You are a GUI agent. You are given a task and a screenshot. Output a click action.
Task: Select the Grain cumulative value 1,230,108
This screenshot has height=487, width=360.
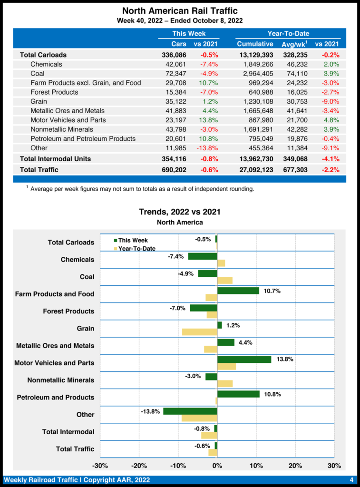point(255,101)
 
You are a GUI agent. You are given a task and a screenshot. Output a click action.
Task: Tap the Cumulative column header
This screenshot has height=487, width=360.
point(255,44)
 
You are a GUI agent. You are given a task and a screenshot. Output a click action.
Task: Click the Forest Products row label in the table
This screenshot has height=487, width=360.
point(54,92)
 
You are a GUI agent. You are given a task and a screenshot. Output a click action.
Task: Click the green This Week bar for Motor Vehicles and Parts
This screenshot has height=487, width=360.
point(244,360)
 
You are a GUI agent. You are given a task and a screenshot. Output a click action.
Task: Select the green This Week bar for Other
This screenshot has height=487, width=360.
point(190,411)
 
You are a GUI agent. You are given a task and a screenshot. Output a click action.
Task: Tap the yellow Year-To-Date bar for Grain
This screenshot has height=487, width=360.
point(200,331)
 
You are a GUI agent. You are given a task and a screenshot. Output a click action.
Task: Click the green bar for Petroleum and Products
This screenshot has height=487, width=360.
point(238,394)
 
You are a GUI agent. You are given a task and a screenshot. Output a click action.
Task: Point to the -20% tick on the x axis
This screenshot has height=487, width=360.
point(139,465)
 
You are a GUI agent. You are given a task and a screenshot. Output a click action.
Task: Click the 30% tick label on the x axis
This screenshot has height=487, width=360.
point(334,465)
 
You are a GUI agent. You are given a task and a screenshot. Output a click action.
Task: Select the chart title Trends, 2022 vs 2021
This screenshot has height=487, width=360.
point(180,212)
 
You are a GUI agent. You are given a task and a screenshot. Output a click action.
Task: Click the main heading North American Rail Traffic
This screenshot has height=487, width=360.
point(180,10)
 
